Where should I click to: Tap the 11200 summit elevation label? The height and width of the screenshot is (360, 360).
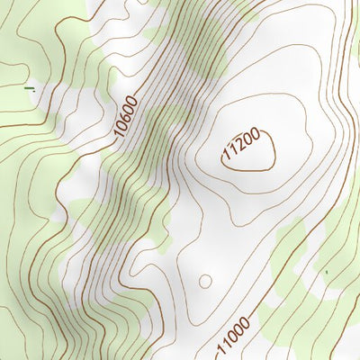click(242, 144)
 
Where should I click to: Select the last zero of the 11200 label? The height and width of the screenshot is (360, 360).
click(256, 134)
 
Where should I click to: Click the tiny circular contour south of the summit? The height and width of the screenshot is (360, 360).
click(205, 281)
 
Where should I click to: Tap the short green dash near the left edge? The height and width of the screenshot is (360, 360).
click(29, 88)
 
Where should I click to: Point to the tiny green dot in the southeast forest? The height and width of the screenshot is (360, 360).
click(327, 271)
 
